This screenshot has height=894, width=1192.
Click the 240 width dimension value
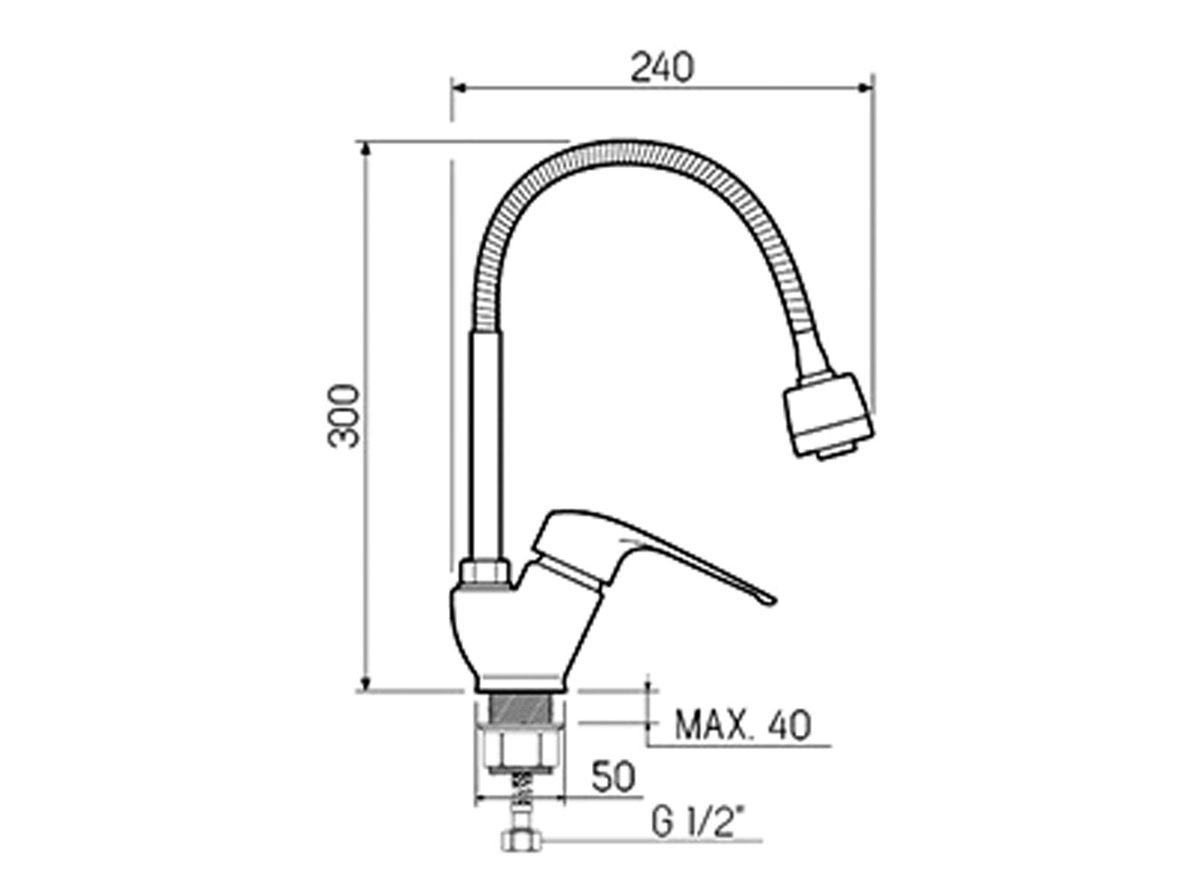[x=662, y=67]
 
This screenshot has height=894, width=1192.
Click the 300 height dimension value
[x=343, y=417]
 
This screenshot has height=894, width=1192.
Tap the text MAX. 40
[x=743, y=725]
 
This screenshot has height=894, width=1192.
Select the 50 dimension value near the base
[x=613, y=777]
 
